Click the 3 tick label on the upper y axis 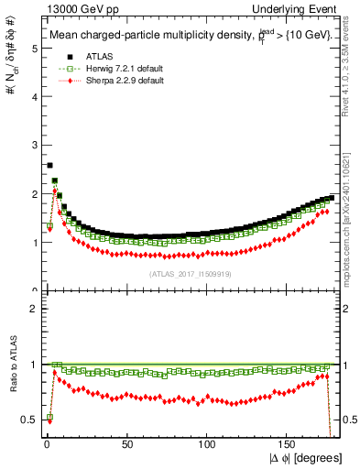coord(31,146)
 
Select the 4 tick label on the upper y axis coord(31,97)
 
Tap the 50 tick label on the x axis coord(127,445)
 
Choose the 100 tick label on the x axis coord(207,445)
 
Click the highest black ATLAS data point coord(49,166)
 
